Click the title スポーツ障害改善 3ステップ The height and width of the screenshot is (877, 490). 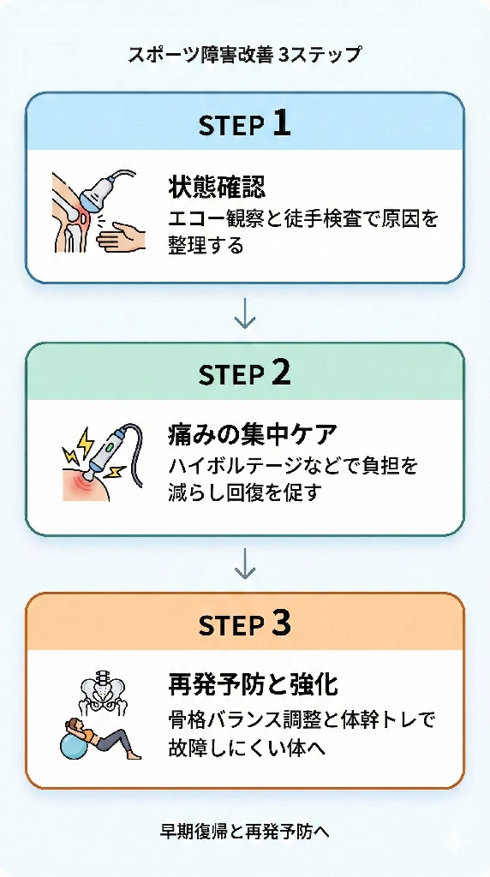coord(244,56)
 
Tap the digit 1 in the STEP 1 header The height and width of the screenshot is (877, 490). coord(282,123)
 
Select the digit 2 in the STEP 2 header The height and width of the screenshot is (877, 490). coord(282,373)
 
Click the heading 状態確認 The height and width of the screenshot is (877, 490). coord(217,187)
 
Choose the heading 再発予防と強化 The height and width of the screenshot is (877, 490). coord(253,684)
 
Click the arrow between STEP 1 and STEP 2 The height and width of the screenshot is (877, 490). coord(245,314)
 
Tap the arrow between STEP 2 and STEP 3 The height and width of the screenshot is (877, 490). coord(245,564)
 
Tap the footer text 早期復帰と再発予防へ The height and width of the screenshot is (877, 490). coord(245,831)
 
